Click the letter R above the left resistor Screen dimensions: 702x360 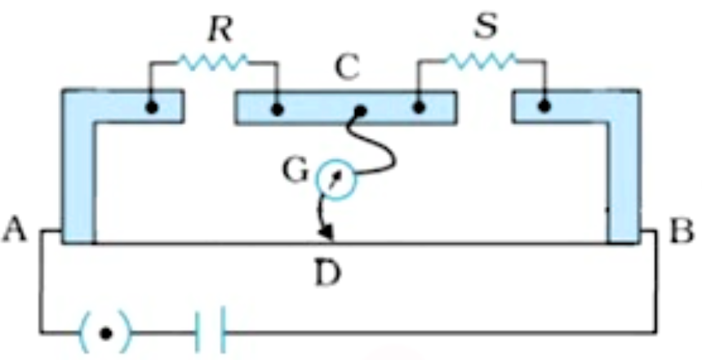220,30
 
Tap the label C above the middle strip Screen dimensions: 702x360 347,68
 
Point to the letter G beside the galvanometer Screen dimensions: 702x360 295,171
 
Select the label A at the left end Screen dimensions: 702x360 15,230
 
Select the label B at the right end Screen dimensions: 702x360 682,231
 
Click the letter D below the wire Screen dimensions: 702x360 328,273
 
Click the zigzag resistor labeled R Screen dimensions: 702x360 213,62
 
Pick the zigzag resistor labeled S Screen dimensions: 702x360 481,60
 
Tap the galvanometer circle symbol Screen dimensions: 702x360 335,179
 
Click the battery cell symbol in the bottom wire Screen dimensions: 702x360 210,329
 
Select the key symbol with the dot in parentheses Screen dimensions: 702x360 105,332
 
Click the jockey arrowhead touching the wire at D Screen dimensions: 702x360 327,234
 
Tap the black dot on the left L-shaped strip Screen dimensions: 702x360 152,108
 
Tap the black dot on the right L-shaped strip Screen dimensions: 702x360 544,107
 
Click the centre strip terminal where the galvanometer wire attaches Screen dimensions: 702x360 360,110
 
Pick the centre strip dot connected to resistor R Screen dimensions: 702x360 278,109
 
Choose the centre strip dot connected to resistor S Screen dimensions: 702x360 419,108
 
